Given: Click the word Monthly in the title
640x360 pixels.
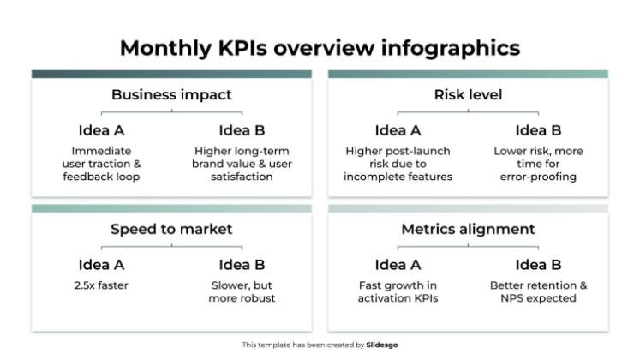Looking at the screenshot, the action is [165, 48].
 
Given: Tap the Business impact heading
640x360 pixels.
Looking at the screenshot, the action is [171, 94].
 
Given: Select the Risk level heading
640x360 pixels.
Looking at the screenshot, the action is [468, 94].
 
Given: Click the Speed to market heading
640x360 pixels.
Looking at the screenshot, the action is [171, 229].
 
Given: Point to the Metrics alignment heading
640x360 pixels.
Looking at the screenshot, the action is [468, 229].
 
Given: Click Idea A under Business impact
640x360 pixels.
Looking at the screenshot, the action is [101, 130].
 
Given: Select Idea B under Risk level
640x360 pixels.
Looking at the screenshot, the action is [538, 130].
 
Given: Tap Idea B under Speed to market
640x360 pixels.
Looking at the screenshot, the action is [242, 265].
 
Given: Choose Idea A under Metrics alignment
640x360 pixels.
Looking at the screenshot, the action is [398, 265].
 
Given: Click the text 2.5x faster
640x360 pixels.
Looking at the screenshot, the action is [101, 285].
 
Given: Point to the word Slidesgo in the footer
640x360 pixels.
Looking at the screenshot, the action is [381, 345].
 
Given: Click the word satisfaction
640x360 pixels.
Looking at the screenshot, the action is [242, 177].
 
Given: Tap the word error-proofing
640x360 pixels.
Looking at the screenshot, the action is [538, 177].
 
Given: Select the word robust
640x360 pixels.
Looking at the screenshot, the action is [260, 298].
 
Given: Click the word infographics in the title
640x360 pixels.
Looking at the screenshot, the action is [451, 48].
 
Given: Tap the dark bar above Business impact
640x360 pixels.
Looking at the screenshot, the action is [171, 74].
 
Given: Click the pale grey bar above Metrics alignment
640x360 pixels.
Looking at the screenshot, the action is [468, 208].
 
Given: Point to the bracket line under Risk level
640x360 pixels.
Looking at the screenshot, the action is [468, 111].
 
